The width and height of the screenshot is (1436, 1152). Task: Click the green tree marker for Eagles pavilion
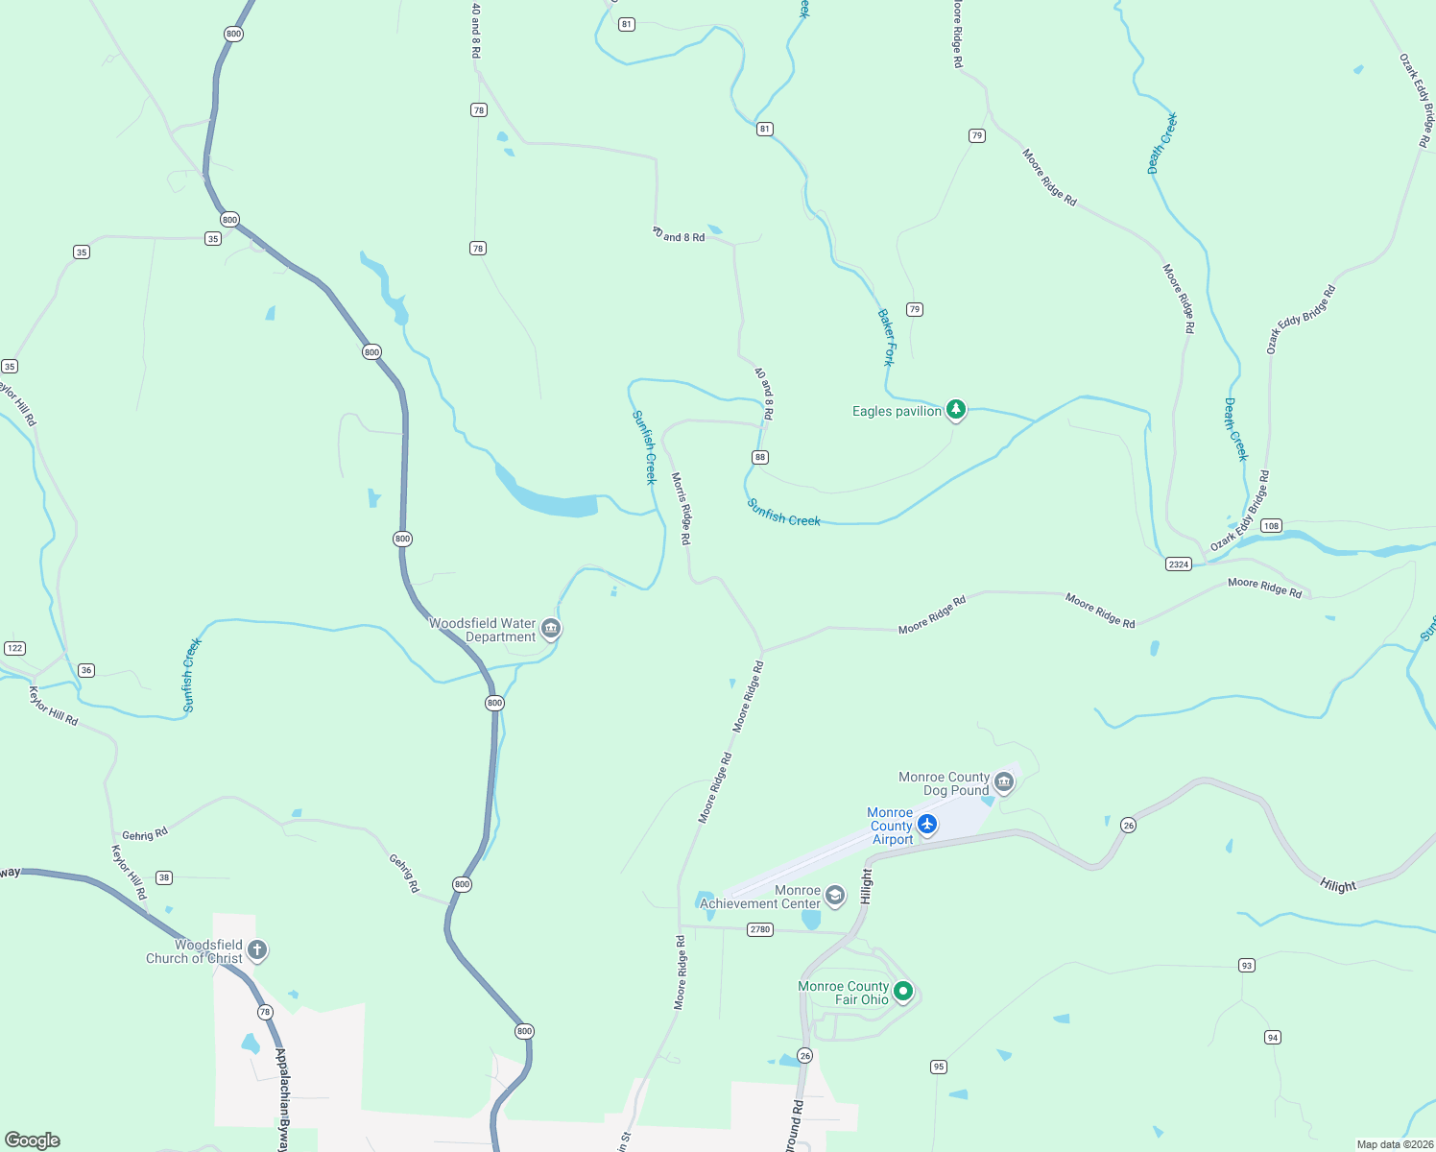tap(955, 410)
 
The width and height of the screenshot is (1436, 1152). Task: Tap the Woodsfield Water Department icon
tap(551, 629)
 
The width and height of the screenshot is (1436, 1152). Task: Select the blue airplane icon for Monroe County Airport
tap(926, 825)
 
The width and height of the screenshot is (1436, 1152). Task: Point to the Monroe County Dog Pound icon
tap(1003, 782)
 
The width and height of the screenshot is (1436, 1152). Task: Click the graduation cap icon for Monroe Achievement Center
tap(835, 896)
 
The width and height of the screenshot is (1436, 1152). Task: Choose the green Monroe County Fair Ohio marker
tap(903, 992)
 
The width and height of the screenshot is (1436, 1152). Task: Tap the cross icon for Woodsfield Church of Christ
tap(256, 950)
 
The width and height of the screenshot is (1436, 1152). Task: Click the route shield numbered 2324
tap(1179, 564)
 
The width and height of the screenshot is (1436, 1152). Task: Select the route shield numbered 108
tap(1271, 525)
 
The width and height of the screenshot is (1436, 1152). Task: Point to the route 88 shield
tap(760, 457)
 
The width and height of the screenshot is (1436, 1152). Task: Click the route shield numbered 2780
tap(760, 929)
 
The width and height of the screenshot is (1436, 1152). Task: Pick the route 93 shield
tap(1246, 966)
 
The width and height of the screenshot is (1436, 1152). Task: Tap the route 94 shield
tap(1272, 1037)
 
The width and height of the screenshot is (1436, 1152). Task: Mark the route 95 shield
tap(938, 1067)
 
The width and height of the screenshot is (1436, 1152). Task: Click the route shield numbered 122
tap(14, 648)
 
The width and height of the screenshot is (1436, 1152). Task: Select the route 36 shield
tap(86, 670)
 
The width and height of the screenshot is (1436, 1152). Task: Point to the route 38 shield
tap(164, 877)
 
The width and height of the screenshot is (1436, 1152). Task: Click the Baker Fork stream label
tap(886, 337)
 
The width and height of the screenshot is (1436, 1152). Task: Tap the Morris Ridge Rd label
tap(681, 509)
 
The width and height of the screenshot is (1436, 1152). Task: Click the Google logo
tap(33, 1140)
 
